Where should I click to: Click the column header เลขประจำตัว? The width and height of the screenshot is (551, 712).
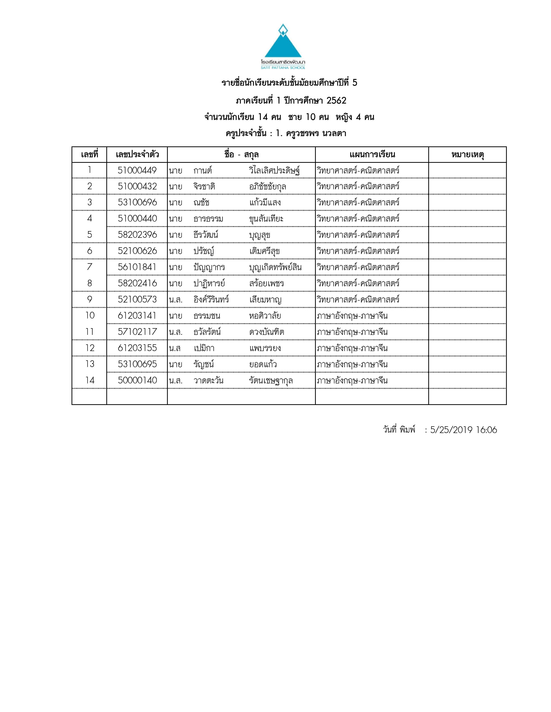point(137,154)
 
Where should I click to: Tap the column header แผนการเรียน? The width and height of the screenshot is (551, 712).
point(372,154)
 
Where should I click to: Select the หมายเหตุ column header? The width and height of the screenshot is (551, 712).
point(467,154)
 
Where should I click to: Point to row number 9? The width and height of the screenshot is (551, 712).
point(89,299)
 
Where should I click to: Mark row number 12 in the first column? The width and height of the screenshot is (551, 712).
point(89,348)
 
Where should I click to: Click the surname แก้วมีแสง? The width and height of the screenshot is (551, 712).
point(265,202)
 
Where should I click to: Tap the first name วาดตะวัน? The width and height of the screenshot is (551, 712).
point(208,380)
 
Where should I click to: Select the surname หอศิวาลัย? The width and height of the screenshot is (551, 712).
point(265,316)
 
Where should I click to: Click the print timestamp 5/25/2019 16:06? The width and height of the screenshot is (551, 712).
point(463,430)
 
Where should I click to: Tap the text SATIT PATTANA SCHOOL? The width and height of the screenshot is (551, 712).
point(283,68)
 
